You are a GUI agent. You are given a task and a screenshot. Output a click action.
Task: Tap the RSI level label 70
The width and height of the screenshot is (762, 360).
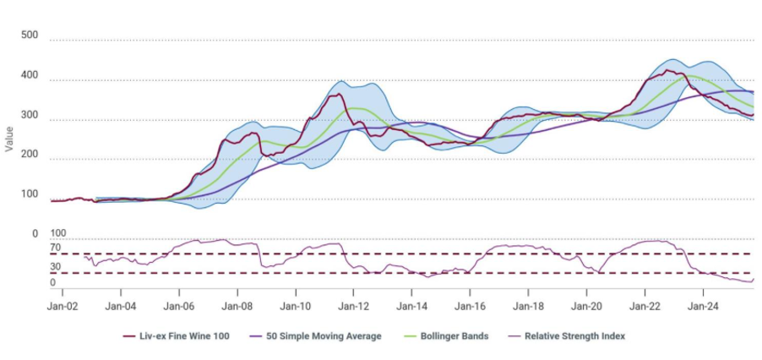(55, 248)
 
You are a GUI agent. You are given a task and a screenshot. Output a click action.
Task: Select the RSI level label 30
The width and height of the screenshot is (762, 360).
(55, 268)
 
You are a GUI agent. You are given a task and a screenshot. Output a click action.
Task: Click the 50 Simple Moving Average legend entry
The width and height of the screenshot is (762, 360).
(316, 336)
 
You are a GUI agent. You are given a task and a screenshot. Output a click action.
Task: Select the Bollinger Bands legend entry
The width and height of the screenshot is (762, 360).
(447, 336)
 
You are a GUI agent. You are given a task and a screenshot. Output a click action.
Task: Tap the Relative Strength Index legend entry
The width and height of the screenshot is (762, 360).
(567, 336)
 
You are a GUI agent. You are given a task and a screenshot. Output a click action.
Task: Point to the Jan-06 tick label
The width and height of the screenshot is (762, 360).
(179, 306)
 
